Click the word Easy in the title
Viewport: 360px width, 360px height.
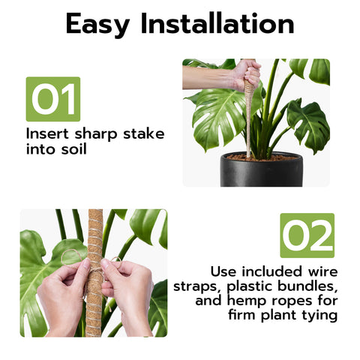tap(97, 25)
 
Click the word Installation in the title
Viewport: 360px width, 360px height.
tap(217, 23)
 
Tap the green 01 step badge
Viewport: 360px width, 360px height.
tap(53, 99)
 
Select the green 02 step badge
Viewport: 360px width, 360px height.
tap(307, 235)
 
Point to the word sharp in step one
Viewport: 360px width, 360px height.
tap(96, 134)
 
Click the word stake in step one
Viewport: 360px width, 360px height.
tap(144, 133)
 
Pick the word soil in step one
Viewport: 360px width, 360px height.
tap(74, 148)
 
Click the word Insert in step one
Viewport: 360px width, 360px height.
tap(47, 133)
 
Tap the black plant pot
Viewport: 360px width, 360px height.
tap(262, 170)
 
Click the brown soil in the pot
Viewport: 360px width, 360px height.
tap(262, 157)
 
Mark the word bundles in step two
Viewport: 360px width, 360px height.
tap(306, 286)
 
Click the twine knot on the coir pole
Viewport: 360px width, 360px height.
tap(95, 270)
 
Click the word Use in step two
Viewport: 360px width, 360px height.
tap(223, 271)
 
